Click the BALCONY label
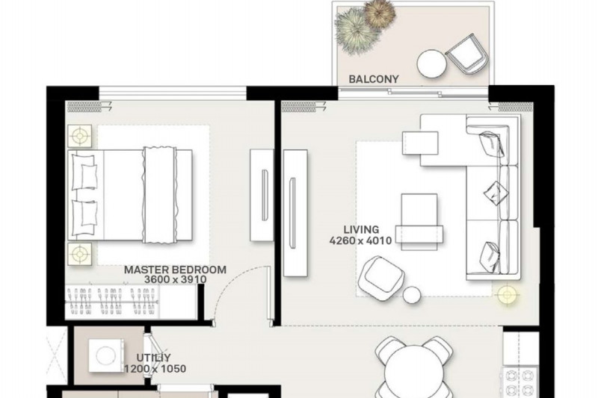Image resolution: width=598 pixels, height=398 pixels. coord(373,79)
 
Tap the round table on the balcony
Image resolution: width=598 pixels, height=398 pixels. coord(432,64)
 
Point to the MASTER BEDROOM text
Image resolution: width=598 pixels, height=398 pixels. coord(175,270)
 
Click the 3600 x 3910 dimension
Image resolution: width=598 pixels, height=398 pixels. coord(176,279)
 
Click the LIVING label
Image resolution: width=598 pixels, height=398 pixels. coord(361,230)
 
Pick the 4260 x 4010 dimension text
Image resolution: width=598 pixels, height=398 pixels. coord(361,240)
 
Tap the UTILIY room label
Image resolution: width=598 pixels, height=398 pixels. coord(154,358)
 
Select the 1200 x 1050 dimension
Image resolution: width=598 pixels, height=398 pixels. coord(155,369)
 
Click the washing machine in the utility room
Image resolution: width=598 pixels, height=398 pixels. coord(106,355)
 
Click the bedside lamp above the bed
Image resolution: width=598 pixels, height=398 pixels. coord(80,136)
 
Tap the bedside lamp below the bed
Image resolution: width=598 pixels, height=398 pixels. coord(80,254)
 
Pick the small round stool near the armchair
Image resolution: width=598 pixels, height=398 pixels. coord(412,294)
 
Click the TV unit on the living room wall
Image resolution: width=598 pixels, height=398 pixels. coord(296,213)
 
